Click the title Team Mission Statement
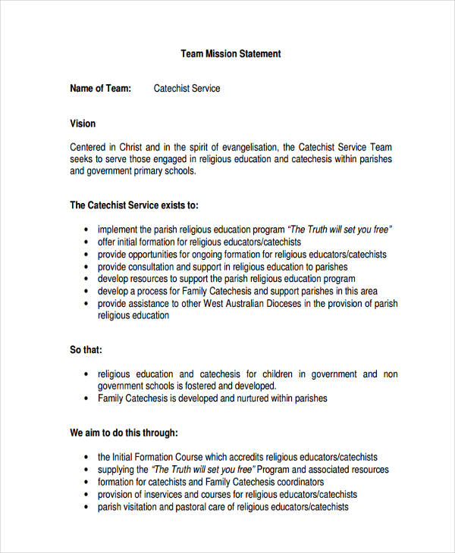(x=231, y=54)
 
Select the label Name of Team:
(x=100, y=89)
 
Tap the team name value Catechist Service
(x=187, y=89)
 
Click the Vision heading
(x=83, y=123)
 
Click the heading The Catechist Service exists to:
(x=134, y=205)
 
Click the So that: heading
(x=86, y=350)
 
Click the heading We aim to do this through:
(x=124, y=433)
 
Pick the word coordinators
(x=298, y=482)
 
